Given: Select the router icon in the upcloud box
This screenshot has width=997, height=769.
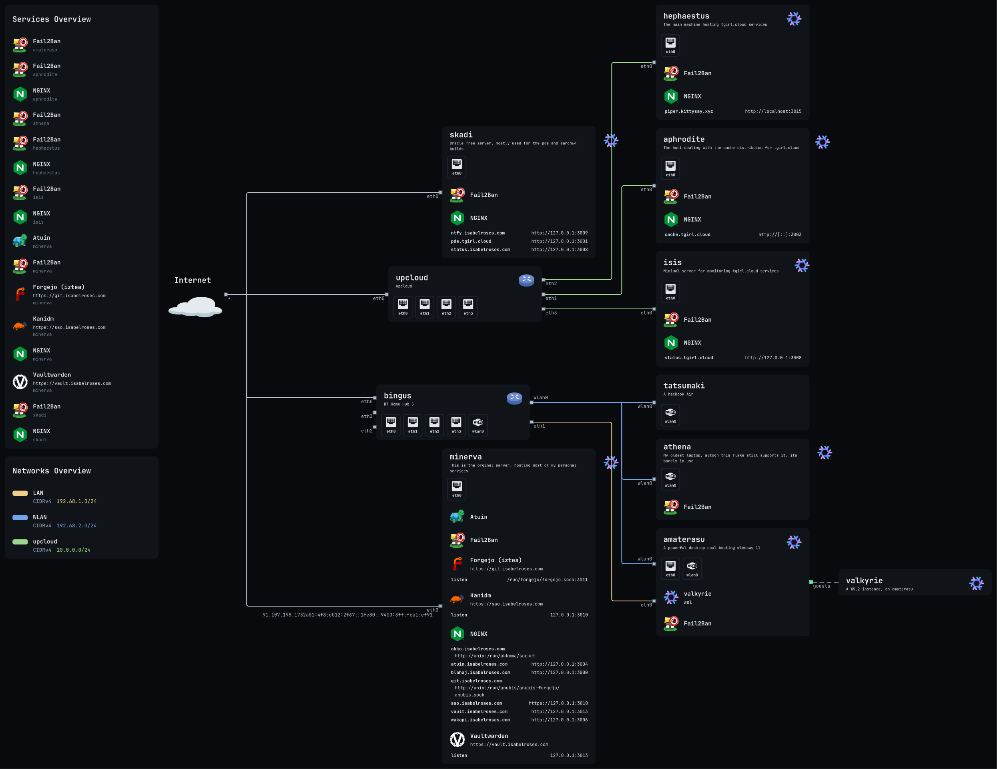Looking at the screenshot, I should click(x=526, y=280).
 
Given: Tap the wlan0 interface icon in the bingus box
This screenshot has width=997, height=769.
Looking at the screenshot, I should click(x=478, y=425).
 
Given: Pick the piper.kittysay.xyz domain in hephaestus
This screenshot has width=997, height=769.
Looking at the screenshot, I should click(x=688, y=111).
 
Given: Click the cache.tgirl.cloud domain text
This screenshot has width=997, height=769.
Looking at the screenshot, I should click(x=687, y=234).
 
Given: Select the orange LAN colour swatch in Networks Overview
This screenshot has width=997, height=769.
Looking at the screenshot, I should click(x=20, y=493).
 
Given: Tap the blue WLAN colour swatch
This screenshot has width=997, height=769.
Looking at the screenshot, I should click(x=20, y=518).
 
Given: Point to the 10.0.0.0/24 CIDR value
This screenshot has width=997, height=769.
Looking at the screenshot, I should click(x=74, y=550).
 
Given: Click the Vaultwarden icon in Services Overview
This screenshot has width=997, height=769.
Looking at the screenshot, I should click(x=20, y=382).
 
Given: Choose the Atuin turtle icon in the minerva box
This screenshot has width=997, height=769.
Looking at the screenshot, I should click(x=457, y=516).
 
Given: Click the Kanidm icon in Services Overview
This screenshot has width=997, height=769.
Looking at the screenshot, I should click(x=20, y=326).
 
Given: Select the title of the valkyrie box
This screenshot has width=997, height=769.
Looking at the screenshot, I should click(x=864, y=581).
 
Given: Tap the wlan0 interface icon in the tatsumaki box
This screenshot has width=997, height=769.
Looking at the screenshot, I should click(x=670, y=415).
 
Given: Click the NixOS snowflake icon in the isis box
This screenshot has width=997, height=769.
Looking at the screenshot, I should click(x=802, y=265).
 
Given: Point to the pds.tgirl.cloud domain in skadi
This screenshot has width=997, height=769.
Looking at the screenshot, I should click(x=471, y=241).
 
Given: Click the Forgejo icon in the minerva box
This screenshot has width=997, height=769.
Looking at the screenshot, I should click(x=457, y=564).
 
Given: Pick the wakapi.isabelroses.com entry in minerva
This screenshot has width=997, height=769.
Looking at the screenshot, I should click(x=480, y=720).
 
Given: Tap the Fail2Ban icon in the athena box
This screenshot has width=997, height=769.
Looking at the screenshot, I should click(x=670, y=507).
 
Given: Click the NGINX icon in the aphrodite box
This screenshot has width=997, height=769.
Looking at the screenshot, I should click(x=670, y=220).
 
